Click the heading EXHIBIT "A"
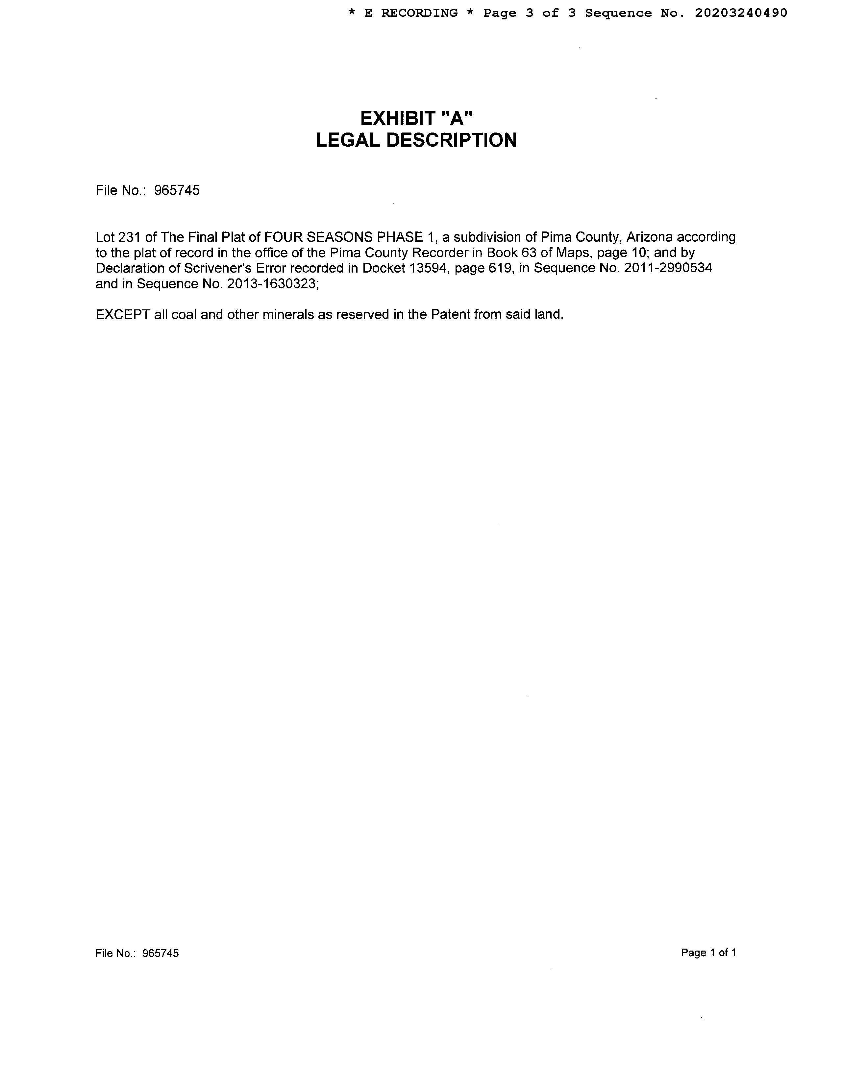click(x=416, y=119)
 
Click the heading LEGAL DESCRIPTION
click(x=416, y=140)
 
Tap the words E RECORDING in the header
click(x=410, y=13)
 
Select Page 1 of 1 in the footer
click(x=708, y=953)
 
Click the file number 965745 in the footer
click(x=160, y=954)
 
